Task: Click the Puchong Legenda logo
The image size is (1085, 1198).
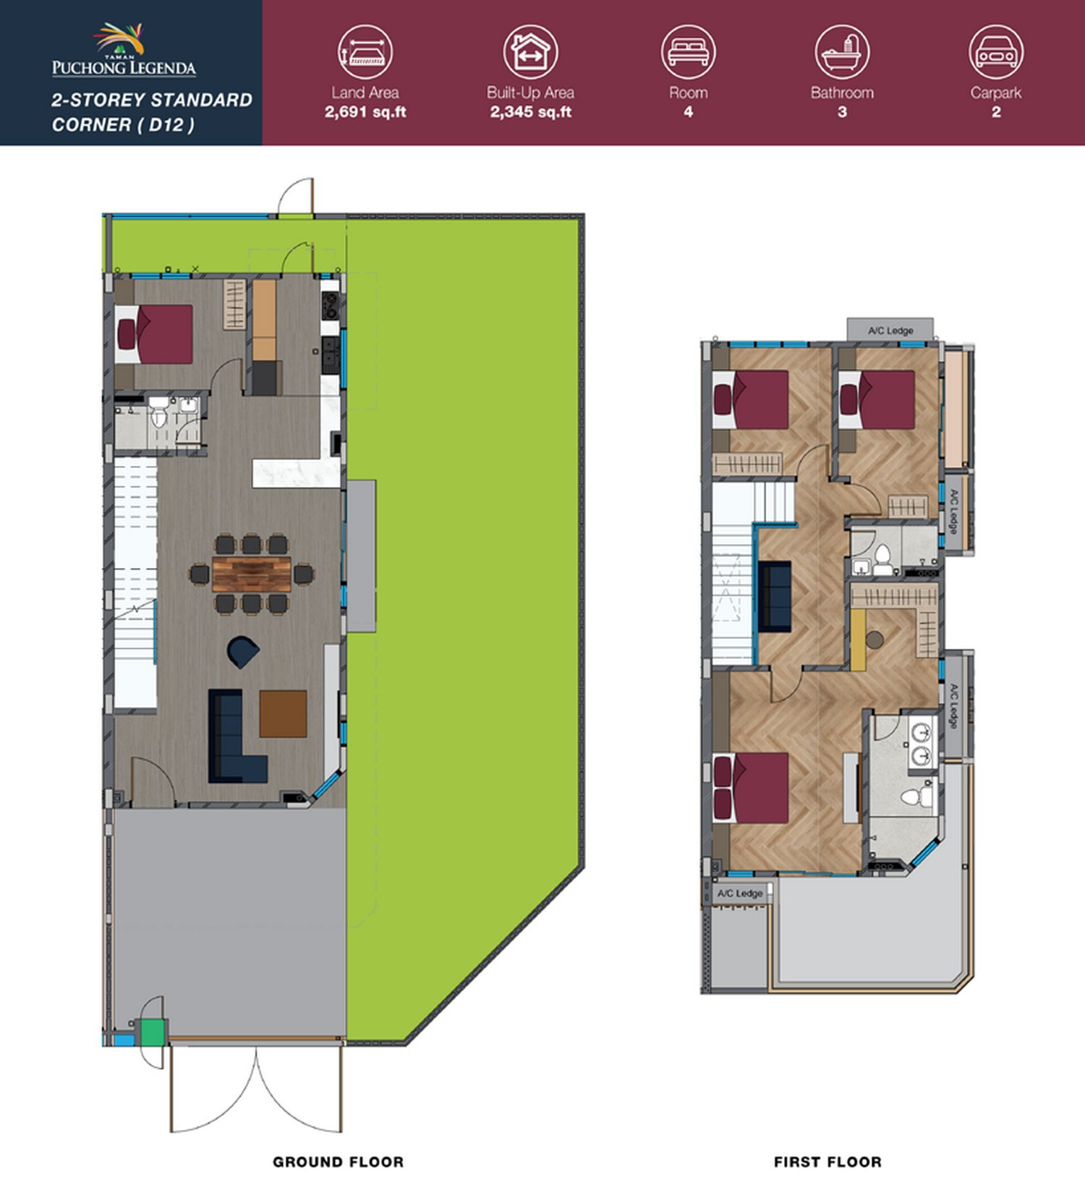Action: [x=124, y=50]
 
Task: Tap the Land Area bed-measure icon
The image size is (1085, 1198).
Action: [x=365, y=52]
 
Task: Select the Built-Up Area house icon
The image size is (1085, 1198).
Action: [x=530, y=52]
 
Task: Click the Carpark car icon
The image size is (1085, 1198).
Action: [x=996, y=52]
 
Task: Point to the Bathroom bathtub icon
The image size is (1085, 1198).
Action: [x=842, y=52]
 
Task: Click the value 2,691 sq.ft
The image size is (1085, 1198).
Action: [x=365, y=112]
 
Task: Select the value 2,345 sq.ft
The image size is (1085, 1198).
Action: [x=531, y=112]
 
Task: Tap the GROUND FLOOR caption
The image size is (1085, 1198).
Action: [x=338, y=1162]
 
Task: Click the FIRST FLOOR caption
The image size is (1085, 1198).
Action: [x=827, y=1162]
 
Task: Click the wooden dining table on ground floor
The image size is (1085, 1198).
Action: [x=252, y=574]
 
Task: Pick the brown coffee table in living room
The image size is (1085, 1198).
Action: [x=283, y=714]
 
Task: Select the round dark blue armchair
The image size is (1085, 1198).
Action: [x=243, y=652]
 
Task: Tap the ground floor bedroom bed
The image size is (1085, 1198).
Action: [x=154, y=334]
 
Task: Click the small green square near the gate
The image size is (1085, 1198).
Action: [x=152, y=1032]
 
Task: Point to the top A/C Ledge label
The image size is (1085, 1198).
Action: [x=890, y=331]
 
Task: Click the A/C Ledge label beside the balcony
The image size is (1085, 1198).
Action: [x=740, y=893]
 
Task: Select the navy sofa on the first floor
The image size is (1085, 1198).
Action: [x=775, y=595]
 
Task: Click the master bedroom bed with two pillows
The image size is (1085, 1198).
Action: [x=751, y=788]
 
